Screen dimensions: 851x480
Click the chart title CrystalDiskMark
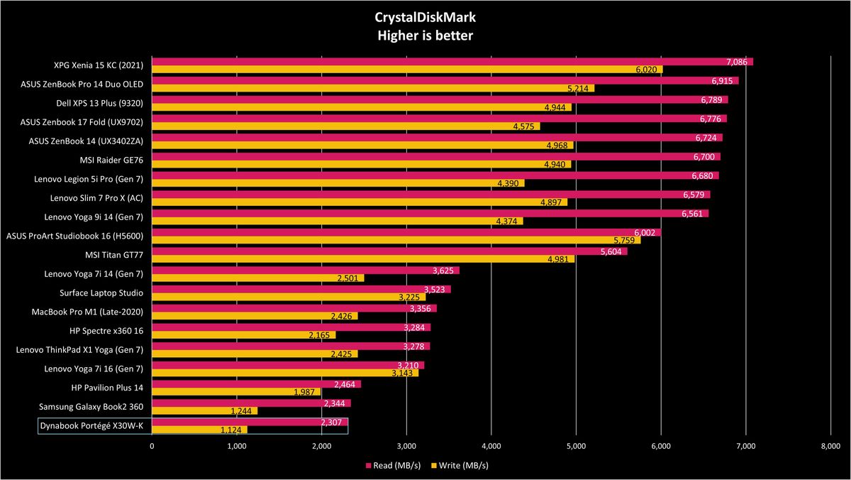tap(425, 18)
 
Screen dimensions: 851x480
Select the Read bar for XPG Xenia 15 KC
tap(452, 62)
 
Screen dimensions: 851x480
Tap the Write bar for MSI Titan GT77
tap(363, 259)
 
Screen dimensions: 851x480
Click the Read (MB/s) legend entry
tap(393, 465)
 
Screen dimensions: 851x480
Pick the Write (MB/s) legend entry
tap(460, 465)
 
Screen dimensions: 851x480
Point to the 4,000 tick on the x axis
tap(491, 446)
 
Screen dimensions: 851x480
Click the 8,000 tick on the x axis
tap(830, 446)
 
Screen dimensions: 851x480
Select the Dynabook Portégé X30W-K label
tap(91, 425)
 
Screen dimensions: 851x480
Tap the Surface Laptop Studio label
tap(101, 293)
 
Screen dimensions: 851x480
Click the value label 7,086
tap(737, 62)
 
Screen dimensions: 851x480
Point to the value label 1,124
tap(231, 430)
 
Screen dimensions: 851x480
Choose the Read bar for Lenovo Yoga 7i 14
tap(306, 271)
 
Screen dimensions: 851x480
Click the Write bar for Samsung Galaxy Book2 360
tap(205, 411)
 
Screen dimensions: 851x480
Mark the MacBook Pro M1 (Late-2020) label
tap(87, 312)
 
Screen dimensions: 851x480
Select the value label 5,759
tap(624, 241)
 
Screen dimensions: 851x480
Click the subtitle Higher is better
tap(425, 36)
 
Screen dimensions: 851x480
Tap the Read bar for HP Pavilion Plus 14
tap(257, 384)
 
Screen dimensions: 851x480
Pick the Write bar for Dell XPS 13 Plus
tap(362, 107)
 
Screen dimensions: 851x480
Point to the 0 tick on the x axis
tap(152, 446)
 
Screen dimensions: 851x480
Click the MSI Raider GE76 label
tap(111, 160)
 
